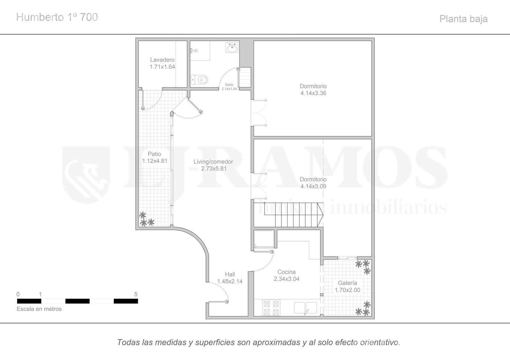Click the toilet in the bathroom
pyautogui.click(x=200, y=79)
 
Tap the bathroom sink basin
pyautogui.click(x=232, y=47)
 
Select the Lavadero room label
pyautogui.click(x=162, y=60)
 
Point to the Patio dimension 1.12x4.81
pyautogui.click(x=155, y=161)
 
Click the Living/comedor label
pyautogui.click(x=213, y=162)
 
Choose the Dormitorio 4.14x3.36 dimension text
pyautogui.click(x=313, y=93)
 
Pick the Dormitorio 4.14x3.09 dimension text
pyautogui.click(x=313, y=186)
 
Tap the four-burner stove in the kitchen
pyautogui.click(x=271, y=308)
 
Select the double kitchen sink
pyautogui.click(x=305, y=308)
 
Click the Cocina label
pyautogui.click(x=287, y=272)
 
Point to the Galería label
pyautogui.click(x=347, y=283)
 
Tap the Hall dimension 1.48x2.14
pyautogui.click(x=230, y=281)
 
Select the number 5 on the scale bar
pyautogui.click(x=136, y=294)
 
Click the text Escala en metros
pyautogui.click(x=39, y=309)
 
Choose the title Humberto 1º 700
pyautogui.click(x=57, y=17)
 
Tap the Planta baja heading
pyautogui.click(x=463, y=19)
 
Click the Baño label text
pyautogui.click(x=229, y=85)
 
